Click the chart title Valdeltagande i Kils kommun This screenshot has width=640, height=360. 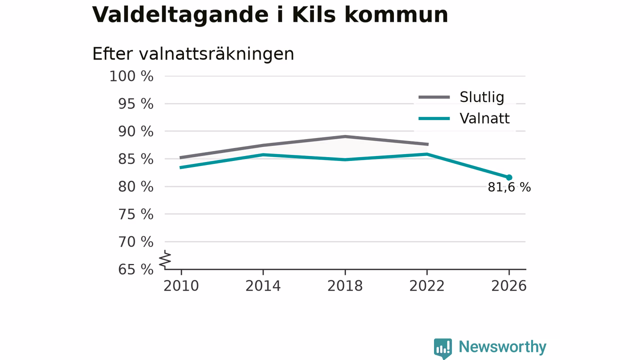(270, 15)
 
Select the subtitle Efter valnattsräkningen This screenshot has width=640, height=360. (193, 53)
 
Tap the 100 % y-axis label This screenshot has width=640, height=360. (131, 76)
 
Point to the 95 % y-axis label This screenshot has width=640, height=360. (135, 103)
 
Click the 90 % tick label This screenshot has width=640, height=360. (135, 131)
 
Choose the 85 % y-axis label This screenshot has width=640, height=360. (135, 159)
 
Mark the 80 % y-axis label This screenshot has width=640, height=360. (135, 186)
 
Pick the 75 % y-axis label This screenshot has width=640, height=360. (135, 214)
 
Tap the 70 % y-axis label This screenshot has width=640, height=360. (135, 241)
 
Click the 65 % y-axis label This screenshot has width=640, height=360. (135, 269)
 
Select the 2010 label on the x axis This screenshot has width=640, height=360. (181, 286)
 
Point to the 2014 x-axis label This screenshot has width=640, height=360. (263, 286)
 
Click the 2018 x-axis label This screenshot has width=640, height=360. (345, 286)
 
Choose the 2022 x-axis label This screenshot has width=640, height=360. (427, 286)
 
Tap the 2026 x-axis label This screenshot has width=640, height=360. (509, 286)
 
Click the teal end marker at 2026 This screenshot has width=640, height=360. (509, 177)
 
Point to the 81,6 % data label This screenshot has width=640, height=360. (509, 187)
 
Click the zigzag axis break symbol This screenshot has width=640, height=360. (165, 259)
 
